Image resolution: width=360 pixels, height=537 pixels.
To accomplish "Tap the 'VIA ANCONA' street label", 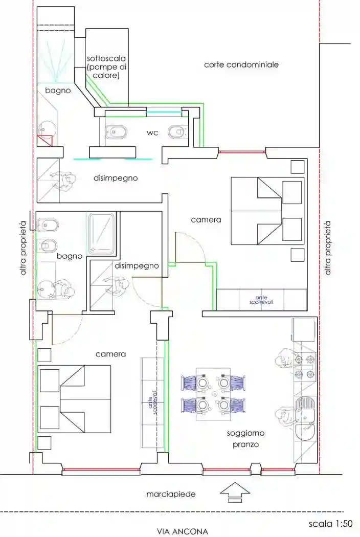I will pyautogui.click(x=182, y=531).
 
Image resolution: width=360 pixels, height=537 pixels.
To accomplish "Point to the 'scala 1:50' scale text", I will pyautogui.click(x=331, y=524).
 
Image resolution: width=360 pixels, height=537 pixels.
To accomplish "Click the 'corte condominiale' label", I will pyautogui.click(x=241, y=65).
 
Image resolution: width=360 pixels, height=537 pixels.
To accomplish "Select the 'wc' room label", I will pyautogui.click(x=152, y=133).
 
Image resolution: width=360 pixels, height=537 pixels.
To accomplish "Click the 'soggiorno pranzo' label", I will pyautogui.click(x=243, y=439).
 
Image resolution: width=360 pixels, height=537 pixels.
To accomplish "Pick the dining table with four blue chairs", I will pyautogui.click(x=213, y=394).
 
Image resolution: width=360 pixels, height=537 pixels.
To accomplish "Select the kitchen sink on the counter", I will pyautogui.click(x=305, y=420).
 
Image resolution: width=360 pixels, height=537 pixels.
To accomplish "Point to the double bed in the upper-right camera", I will pyautogui.click(x=266, y=211).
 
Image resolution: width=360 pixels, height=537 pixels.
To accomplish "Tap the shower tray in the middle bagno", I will pyautogui.click(x=102, y=233).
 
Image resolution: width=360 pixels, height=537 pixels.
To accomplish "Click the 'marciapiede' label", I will pyautogui.click(x=171, y=494).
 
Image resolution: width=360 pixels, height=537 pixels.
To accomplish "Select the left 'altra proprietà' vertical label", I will pyautogui.click(x=22, y=249).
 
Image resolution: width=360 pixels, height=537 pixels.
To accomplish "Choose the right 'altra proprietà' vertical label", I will pyautogui.click(x=328, y=249).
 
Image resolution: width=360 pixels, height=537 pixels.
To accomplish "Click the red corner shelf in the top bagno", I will pyautogui.click(x=45, y=140).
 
